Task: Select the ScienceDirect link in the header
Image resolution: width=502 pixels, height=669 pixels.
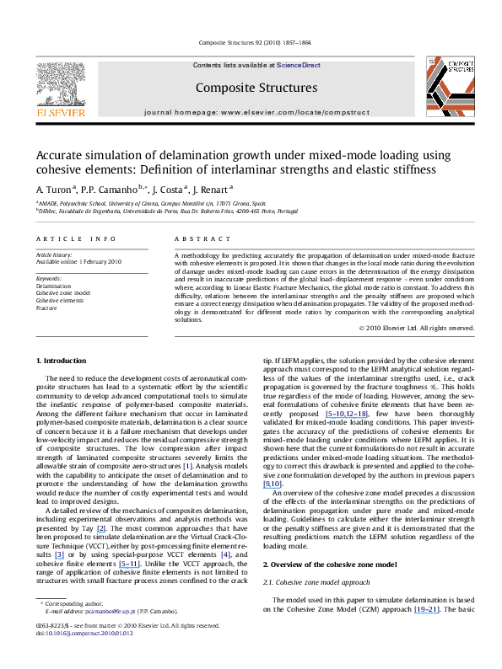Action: (x=299, y=64)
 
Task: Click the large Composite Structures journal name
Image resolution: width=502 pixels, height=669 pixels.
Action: (x=250, y=87)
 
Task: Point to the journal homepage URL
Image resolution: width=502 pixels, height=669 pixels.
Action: (x=250, y=111)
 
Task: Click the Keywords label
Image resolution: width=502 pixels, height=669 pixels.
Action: (x=50, y=278)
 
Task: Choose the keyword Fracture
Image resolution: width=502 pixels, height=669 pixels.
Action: (x=47, y=308)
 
